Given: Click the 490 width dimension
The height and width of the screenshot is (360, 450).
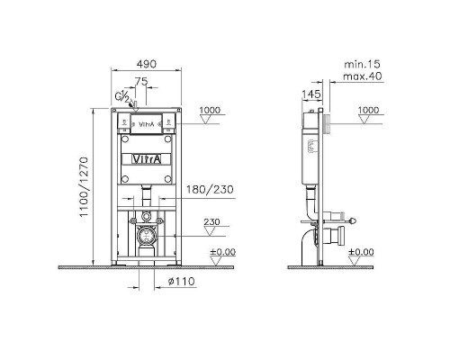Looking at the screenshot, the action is (x=147, y=64).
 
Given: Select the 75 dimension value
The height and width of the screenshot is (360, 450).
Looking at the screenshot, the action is (x=141, y=81).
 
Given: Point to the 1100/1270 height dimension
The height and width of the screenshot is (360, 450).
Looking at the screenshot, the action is (x=84, y=186).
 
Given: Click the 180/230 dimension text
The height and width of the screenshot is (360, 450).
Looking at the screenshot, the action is (x=210, y=189).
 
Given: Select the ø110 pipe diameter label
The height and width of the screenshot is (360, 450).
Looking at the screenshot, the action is (x=181, y=282).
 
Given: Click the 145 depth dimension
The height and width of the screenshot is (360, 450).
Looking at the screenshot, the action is (x=311, y=94).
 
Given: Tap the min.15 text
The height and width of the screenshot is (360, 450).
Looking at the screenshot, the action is (x=362, y=64).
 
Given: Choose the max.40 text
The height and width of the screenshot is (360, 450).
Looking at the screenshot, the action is (x=363, y=76).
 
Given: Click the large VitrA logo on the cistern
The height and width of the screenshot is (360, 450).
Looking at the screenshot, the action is (x=147, y=159).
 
